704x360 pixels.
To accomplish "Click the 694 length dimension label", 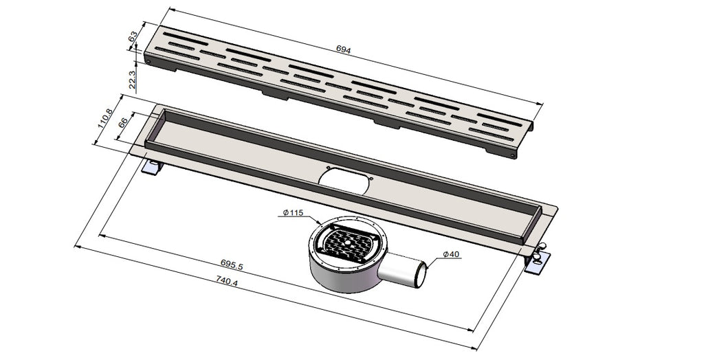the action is (x=343, y=50).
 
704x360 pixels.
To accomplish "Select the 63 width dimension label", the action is (x=133, y=36).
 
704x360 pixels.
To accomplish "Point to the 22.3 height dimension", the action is (x=132, y=80).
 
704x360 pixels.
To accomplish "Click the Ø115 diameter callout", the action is (x=293, y=213).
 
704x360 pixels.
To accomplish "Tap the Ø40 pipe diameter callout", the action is (x=451, y=254).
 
